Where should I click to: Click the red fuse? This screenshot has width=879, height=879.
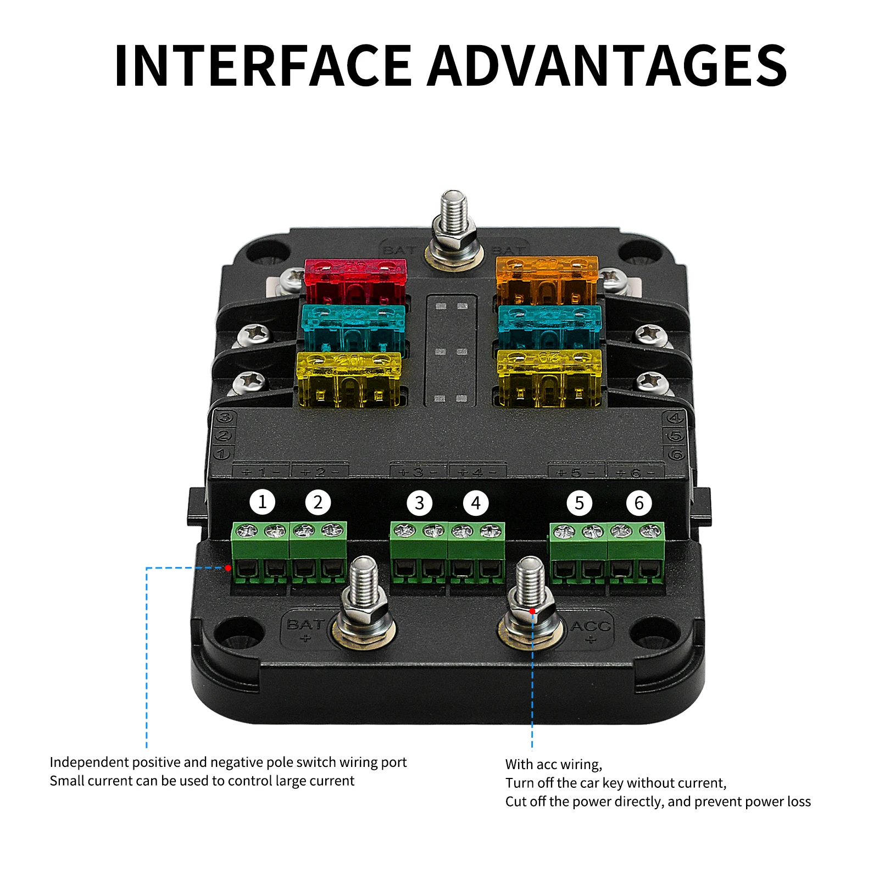[x=355, y=281]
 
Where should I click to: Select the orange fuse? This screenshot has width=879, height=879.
[x=547, y=280]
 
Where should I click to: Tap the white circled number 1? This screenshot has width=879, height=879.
[x=262, y=502]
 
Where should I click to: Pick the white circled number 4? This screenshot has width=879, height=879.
[x=476, y=503]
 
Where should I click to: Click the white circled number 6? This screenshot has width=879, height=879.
[x=639, y=503]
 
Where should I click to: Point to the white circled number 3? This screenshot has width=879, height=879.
[x=419, y=503]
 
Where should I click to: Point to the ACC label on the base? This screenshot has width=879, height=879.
[x=591, y=626]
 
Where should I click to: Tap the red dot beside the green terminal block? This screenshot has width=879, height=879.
[x=228, y=568]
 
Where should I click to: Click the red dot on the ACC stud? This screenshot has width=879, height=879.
[x=532, y=611]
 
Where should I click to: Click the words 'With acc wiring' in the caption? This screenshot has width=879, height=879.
[x=553, y=764]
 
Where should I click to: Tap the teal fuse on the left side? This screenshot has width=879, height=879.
[x=353, y=327]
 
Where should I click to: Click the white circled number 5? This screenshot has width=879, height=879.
[x=579, y=503]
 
